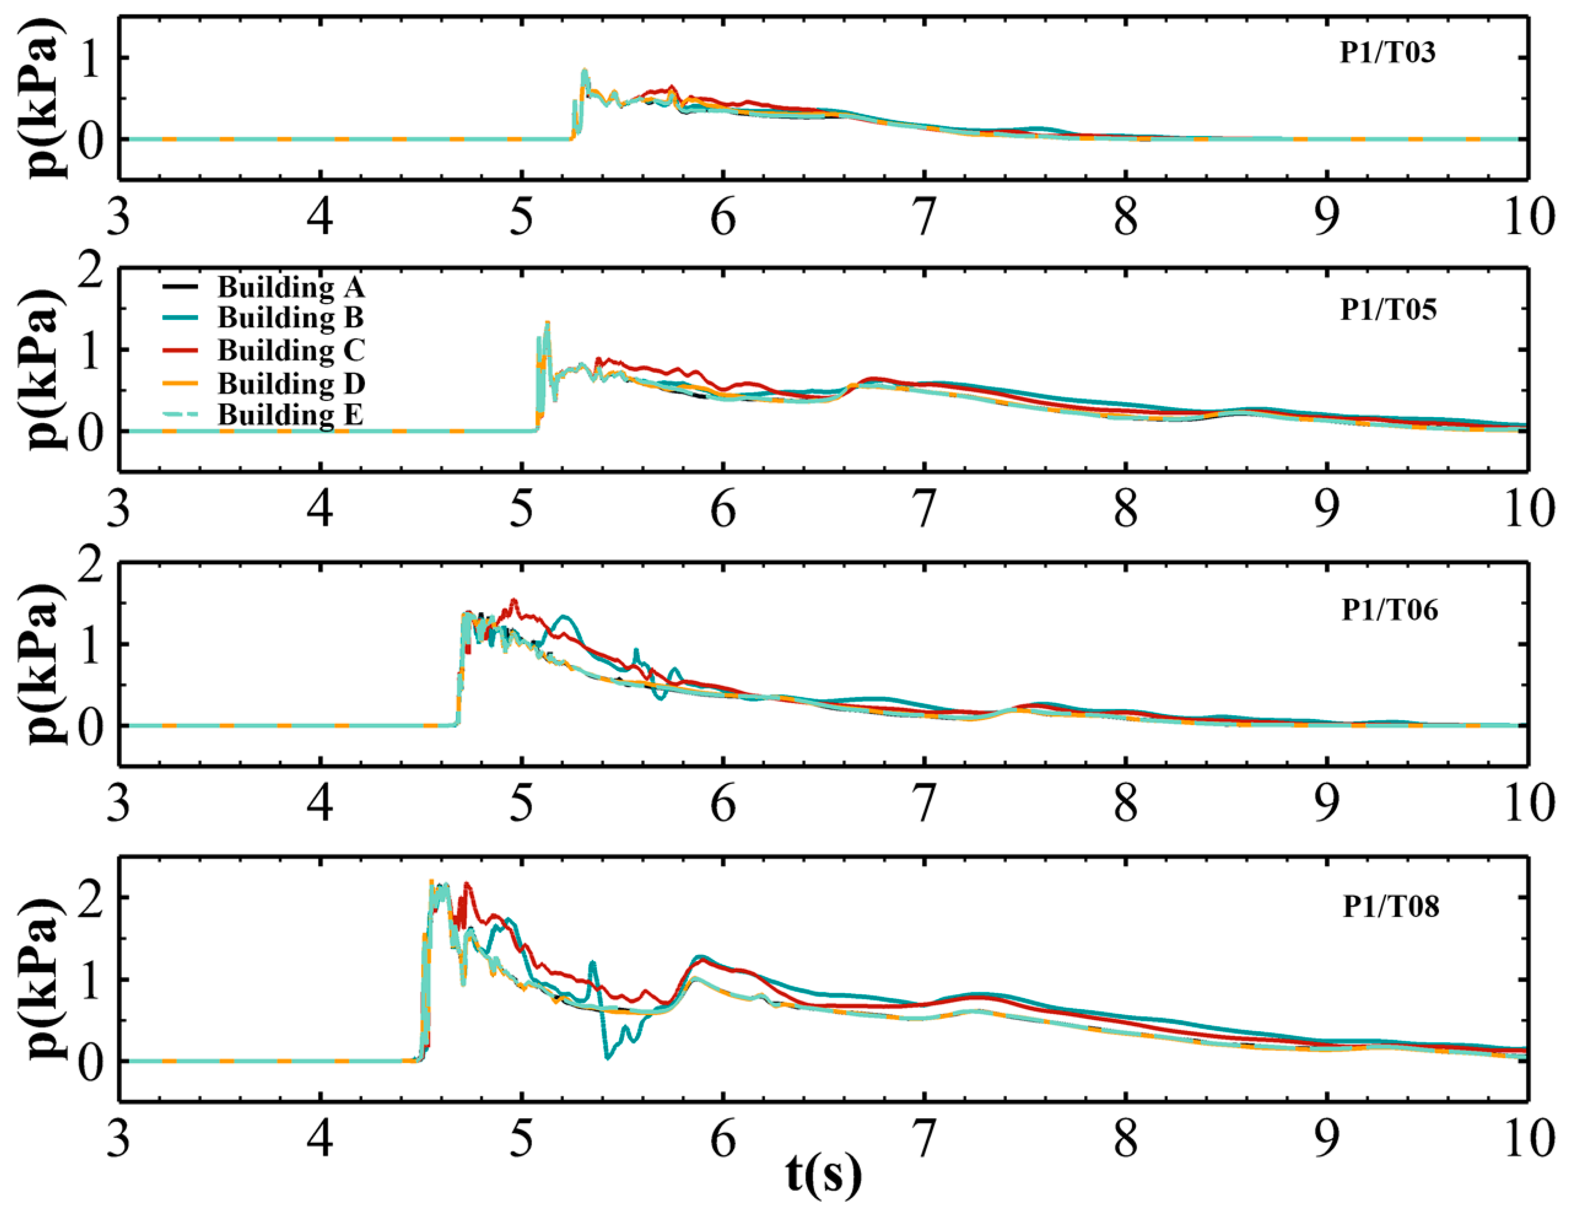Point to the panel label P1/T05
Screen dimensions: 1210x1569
click(1388, 310)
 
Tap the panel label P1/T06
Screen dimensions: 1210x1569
click(1389, 610)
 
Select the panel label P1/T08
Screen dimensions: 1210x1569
click(1391, 907)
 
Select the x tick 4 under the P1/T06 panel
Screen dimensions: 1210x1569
click(320, 803)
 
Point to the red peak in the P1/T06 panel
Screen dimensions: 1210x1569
click(514, 601)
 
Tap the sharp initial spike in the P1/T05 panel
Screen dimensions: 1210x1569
click(547, 323)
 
